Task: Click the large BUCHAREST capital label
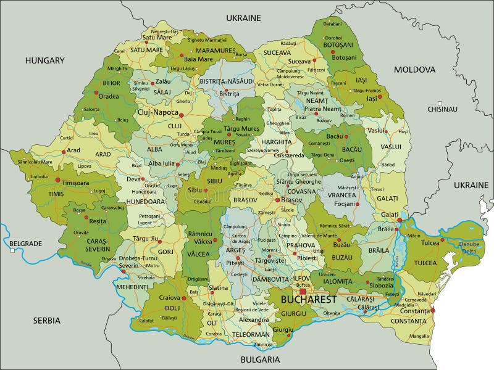[x=309, y=300]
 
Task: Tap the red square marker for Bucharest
[x=303, y=291]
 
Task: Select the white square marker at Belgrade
[x=12, y=250]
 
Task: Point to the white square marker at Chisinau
[x=440, y=103]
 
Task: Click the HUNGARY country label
[x=44, y=60]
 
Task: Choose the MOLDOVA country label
[x=415, y=70]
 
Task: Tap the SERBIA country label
[x=47, y=320]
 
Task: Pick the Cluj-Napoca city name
[x=157, y=113]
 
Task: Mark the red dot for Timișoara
[x=58, y=180]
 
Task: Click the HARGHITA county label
[x=277, y=142]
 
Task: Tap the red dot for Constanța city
[x=432, y=310]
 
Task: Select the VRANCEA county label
[x=343, y=195]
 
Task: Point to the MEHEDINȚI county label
[x=133, y=287]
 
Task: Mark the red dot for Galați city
[x=400, y=220]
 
